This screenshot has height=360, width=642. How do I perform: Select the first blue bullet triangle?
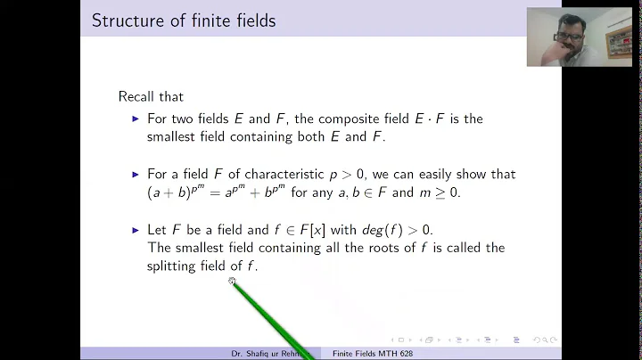(x=136, y=119)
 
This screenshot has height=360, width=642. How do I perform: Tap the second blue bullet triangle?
(x=136, y=175)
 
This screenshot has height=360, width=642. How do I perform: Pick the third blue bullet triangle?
(x=136, y=230)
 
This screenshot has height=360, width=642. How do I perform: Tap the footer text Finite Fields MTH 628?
(x=373, y=354)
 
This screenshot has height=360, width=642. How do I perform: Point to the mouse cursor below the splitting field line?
(x=232, y=282)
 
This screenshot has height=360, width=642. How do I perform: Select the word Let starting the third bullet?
(x=157, y=230)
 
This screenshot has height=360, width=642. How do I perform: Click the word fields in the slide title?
(x=251, y=20)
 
